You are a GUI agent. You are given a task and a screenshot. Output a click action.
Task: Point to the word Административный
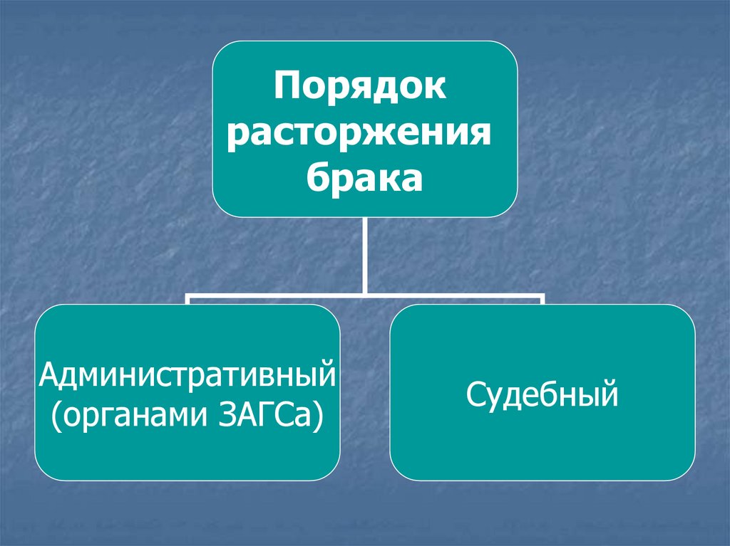coord(187,373)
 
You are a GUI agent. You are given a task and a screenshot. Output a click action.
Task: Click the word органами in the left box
coord(133,413)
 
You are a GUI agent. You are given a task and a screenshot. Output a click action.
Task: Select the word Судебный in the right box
coord(542,394)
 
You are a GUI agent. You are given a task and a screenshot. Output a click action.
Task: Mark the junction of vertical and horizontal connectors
coord(364,293)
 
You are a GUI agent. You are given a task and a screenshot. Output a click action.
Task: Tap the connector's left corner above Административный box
coord(188,295)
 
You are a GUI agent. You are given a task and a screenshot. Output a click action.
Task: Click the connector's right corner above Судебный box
coord(542,295)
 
